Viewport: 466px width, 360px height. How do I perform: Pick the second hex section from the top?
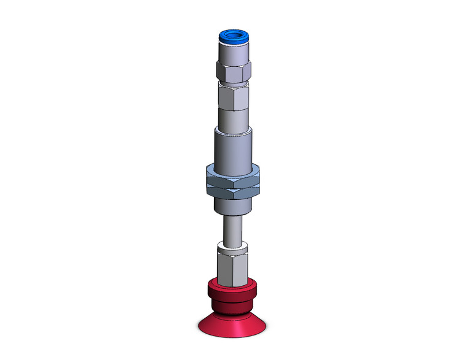point(233,97)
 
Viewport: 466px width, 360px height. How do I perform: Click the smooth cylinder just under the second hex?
point(233,118)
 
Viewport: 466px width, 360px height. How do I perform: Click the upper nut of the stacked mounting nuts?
point(233,176)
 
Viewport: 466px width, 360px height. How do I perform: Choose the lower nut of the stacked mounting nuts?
point(233,193)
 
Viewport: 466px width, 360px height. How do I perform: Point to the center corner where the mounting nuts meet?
point(233,186)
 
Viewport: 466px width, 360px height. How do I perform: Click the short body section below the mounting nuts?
point(233,207)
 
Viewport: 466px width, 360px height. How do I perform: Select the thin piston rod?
point(233,230)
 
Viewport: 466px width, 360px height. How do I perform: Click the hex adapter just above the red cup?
point(233,269)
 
